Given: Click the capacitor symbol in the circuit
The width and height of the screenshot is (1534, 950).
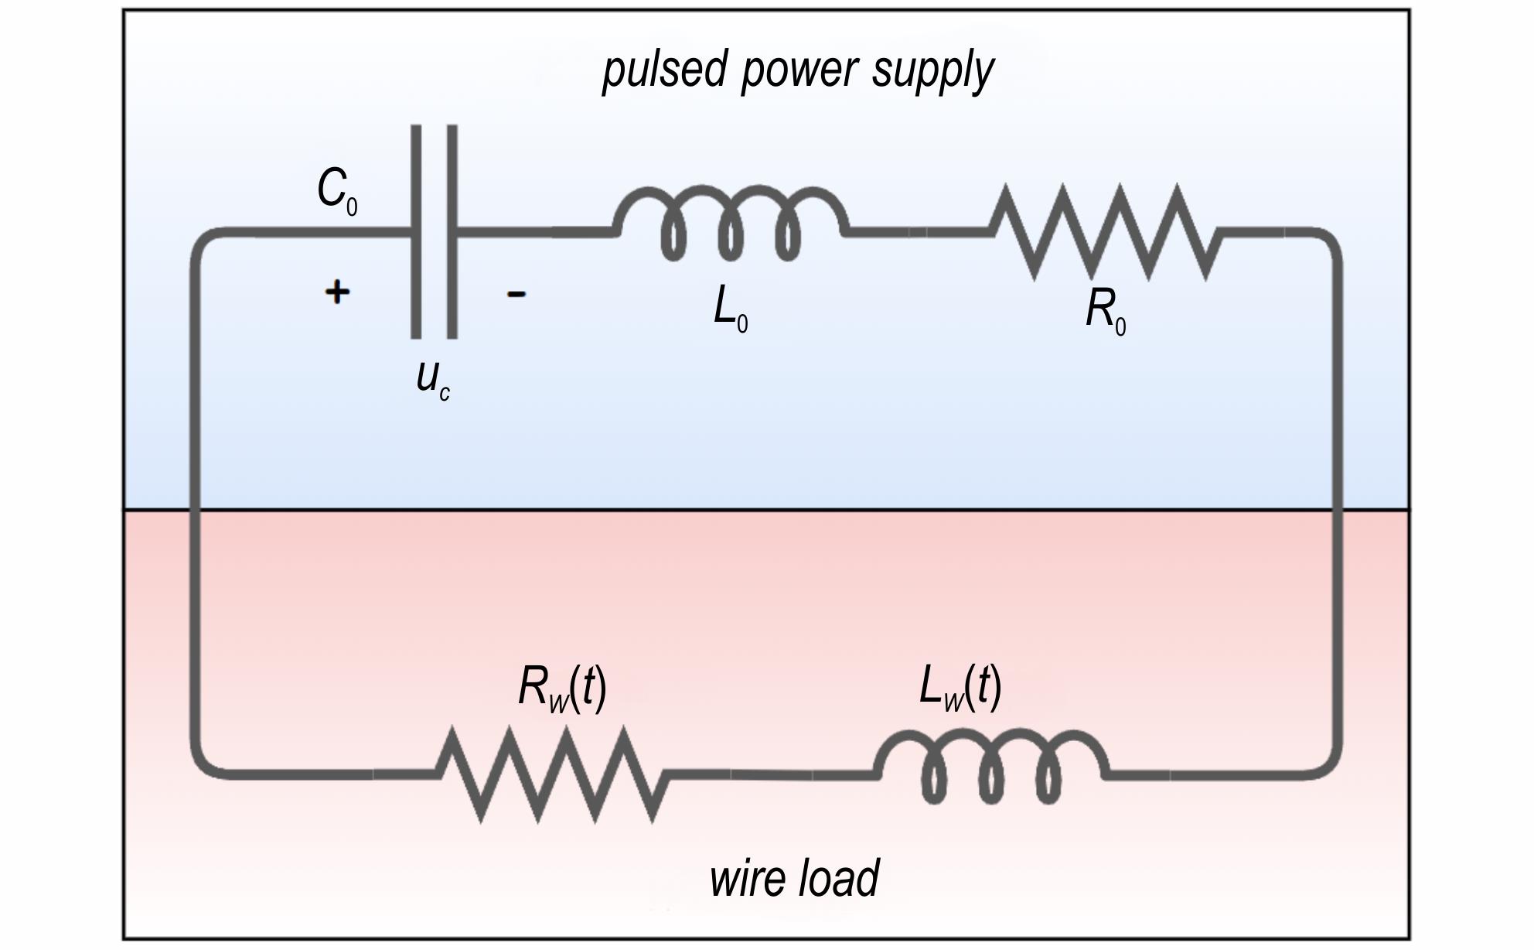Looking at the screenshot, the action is point(434,231).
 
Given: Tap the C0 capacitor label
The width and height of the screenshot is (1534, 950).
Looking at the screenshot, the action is point(337,191).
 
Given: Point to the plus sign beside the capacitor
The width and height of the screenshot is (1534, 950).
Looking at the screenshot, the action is point(336,292).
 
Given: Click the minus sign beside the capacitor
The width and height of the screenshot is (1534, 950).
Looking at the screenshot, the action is point(516,293).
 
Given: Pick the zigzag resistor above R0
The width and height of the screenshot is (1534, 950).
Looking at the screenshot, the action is point(1106,231).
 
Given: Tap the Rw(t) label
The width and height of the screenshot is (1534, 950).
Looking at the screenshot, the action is point(562,687).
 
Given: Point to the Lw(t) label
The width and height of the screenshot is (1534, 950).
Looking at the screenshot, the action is point(960,686).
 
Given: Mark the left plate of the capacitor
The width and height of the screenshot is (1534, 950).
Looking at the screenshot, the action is point(416,231).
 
